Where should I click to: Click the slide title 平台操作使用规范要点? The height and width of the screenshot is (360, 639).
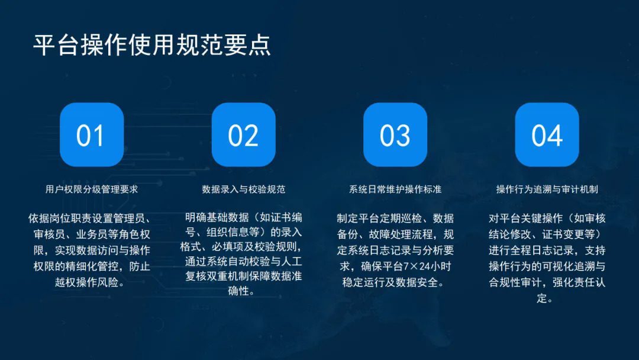pos(152,44)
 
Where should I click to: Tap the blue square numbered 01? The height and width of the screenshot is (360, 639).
pos(92,134)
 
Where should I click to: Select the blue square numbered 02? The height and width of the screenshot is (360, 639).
pos(244,134)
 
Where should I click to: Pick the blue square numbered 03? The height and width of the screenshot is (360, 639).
pos(395,134)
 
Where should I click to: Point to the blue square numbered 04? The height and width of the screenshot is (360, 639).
pos(547,134)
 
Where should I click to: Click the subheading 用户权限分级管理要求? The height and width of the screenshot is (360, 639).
pos(92,189)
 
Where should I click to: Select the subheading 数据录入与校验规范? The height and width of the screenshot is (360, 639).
pos(244,189)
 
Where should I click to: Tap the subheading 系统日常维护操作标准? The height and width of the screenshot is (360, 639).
pos(395,189)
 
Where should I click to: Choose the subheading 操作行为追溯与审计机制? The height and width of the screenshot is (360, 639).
pos(547,189)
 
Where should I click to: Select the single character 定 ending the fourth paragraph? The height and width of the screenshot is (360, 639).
pos(541,298)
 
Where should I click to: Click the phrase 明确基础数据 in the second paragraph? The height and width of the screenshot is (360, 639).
pos(217,218)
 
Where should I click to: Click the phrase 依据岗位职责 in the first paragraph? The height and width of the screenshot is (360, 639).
pos(60,218)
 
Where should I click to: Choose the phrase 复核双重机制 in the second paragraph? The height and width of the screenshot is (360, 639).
pos(217,276)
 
